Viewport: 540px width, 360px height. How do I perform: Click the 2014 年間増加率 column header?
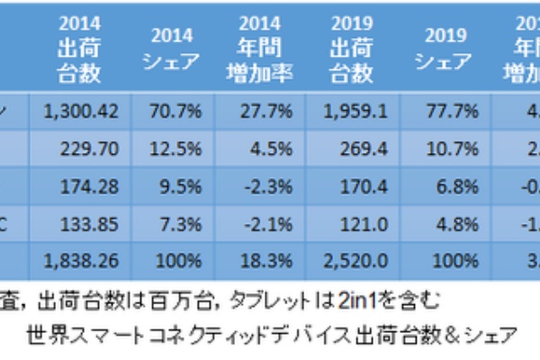click(266, 47)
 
